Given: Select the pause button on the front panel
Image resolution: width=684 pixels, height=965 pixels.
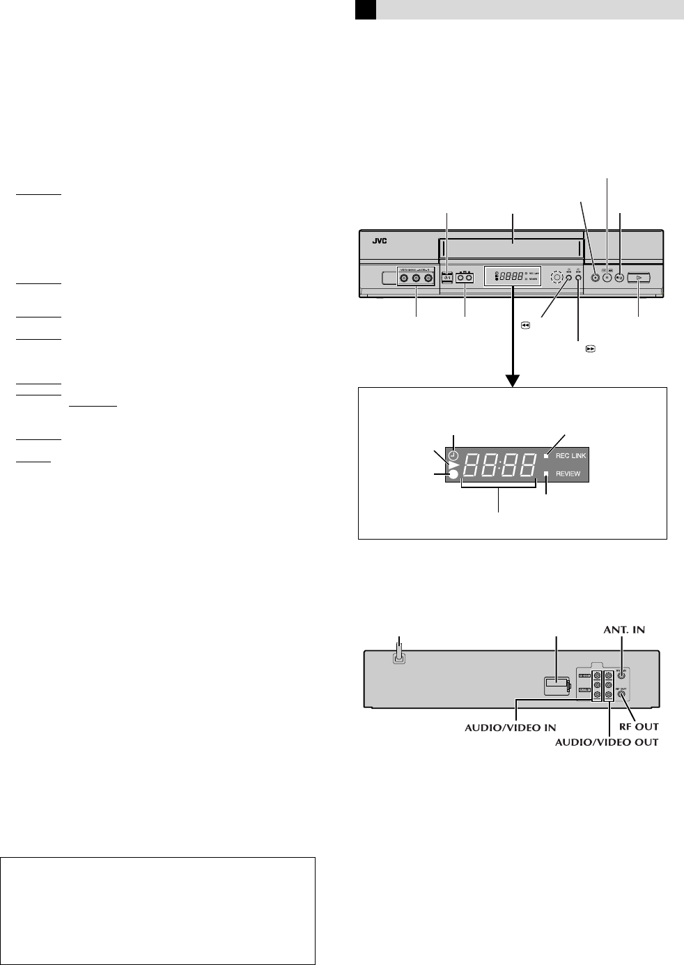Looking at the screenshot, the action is pos(607,276).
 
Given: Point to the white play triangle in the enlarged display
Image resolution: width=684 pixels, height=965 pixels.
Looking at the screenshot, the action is pos(453,465).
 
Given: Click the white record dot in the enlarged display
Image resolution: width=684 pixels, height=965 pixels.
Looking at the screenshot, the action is pos(453,475).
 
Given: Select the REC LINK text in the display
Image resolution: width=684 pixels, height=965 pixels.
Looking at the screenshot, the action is pos(571,456).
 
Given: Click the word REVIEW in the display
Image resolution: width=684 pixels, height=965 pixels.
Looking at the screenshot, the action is pos(568,474).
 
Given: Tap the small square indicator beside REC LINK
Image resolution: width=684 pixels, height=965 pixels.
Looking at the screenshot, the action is pos(547,456).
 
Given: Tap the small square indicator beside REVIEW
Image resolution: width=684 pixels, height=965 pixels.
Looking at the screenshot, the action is pos(547,474).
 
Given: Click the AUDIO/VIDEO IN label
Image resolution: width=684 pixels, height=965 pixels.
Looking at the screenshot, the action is pos(511,727).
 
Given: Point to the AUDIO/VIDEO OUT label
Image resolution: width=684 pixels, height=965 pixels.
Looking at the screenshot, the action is pos(607,742).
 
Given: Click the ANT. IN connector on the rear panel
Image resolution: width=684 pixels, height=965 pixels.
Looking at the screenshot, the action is pos(622,674).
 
